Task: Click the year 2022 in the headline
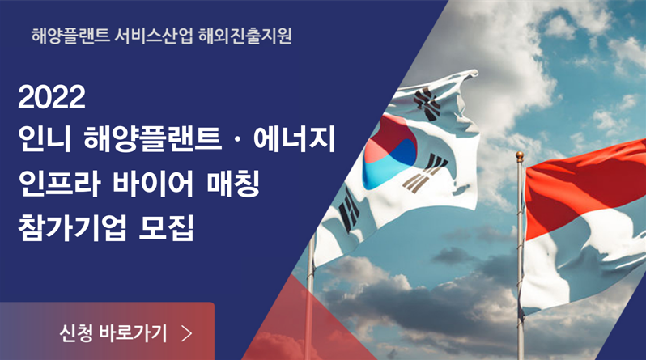coord(52,97)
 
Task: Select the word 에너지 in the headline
coord(295,139)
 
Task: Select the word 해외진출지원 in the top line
coord(245,36)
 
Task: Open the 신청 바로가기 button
coord(107,332)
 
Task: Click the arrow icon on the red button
coord(187,333)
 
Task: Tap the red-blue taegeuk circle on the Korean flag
coord(389,152)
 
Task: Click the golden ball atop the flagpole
coord(520,156)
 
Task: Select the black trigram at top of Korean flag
coord(427,104)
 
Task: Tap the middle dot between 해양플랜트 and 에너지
coord(237,139)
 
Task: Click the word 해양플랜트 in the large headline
coord(152,139)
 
